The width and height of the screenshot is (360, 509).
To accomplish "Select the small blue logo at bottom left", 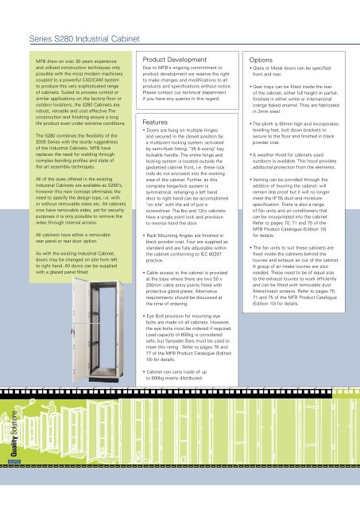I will pos(14,482).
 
